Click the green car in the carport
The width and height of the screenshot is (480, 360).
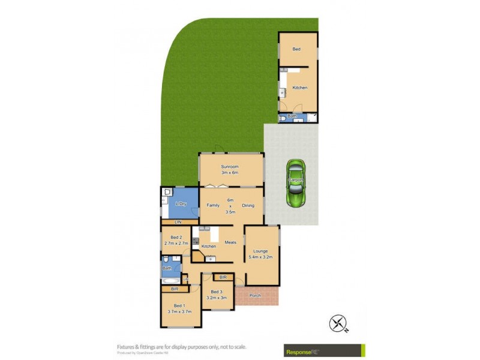[x=295, y=184]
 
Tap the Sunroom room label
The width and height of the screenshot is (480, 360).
[x=230, y=166]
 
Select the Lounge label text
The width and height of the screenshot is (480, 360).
[x=261, y=251]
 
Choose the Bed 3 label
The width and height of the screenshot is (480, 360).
[x=216, y=292]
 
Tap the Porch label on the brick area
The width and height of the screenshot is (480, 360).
[x=255, y=296]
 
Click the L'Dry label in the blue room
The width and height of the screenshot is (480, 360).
[x=179, y=205]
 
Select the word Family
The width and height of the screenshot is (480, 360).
[x=213, y=205]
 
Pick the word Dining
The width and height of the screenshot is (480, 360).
[x=248, y=205]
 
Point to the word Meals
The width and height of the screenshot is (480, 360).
[x=230, y=242]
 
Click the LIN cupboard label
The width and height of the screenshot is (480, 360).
[x=178, y=223]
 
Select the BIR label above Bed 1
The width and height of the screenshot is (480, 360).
[x=175, y=289]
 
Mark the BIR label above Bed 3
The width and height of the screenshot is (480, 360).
[x=223, y=277]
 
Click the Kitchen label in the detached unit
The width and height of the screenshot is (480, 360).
[x=299, y=88]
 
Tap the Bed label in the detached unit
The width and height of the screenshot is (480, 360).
[x=296, y=49]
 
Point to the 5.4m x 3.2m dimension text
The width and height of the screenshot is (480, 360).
[x=261, y=257]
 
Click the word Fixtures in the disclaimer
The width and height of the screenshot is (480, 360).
[x=127, y=347]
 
